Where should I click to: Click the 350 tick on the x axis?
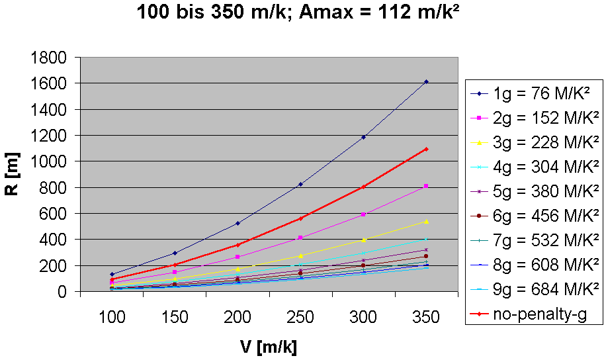coord(426,318)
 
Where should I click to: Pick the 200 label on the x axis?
coord(237,318)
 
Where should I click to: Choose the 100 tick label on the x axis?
coord(112,318)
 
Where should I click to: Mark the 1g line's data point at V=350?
coord(426,81)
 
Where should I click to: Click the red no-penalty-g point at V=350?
coord(426,149)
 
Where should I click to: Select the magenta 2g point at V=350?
coord(426,186)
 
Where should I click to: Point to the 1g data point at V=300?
coord(363,137)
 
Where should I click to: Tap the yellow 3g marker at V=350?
coord(426,221)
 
